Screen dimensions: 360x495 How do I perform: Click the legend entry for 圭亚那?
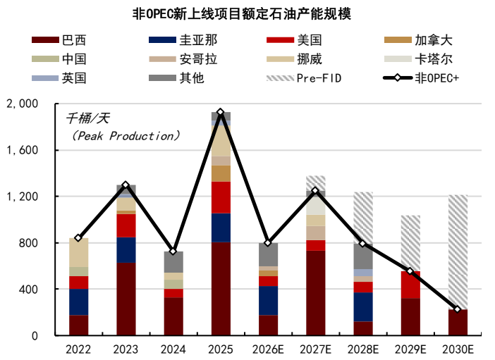coord(176,41)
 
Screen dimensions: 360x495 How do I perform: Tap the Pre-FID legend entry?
coord(303,77)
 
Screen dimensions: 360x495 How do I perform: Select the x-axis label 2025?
coord(221,349)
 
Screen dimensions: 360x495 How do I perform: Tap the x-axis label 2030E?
coord(458,349)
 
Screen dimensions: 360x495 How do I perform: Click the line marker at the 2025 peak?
coord(221,113)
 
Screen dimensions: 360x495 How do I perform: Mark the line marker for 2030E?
coord(458,309)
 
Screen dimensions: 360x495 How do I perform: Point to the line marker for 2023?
coord(126,185)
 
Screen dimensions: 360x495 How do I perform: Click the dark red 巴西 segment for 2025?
coord(221,289)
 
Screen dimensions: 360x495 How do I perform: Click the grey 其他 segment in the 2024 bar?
coord(173,261)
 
